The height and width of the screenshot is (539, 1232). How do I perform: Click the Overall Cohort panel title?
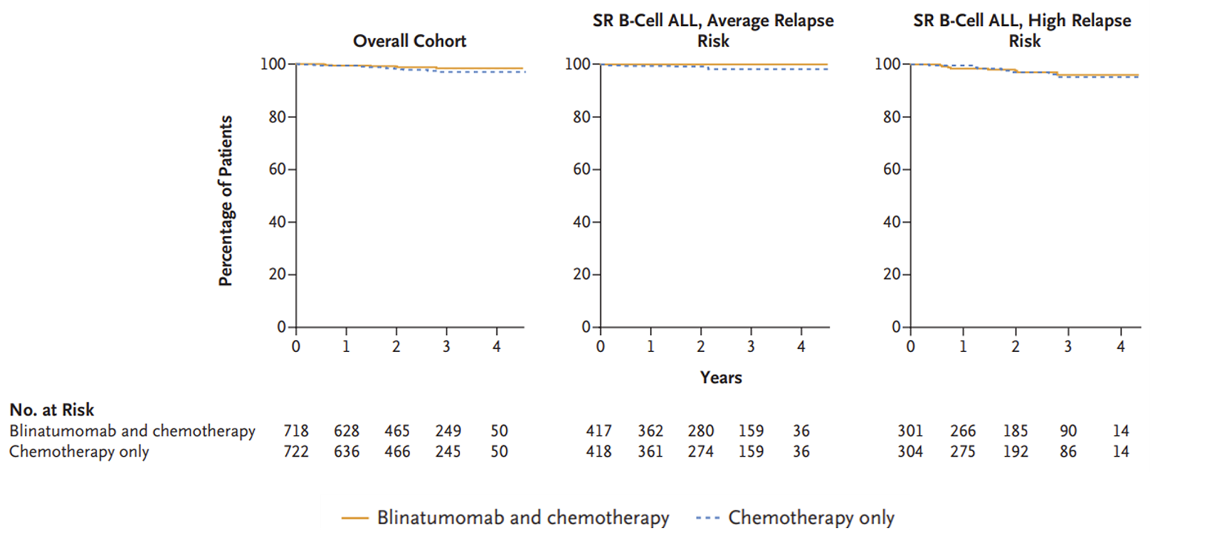coord(409,41)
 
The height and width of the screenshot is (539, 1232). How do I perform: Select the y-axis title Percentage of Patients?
coord(226,201)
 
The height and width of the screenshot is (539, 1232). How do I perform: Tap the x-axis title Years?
coord(721,378)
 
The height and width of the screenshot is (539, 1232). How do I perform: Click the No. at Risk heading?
coord(52,410)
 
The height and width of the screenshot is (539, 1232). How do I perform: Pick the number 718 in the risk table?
coord(296,431)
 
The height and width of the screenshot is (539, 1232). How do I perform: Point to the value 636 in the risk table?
coord(347,452)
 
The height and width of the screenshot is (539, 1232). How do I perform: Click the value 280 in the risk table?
coord(700,431)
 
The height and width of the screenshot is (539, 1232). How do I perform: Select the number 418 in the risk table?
coord(599,452)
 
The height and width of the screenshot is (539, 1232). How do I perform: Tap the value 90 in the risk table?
coord(1068,431)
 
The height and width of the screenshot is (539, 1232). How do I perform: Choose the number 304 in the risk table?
coord(910,452)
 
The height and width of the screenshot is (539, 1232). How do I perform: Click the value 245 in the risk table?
coord(448,452)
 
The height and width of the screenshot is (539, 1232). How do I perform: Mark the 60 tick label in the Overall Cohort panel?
coord(277,169)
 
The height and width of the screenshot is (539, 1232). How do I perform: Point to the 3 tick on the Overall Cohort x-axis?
coord(446,347)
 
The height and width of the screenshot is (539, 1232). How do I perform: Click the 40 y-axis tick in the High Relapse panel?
coord(892,222)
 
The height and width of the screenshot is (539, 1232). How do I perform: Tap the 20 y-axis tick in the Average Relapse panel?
coord(582,275)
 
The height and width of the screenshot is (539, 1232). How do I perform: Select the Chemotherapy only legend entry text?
coord(811,518)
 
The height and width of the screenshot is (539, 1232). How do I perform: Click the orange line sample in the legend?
coord(355,518)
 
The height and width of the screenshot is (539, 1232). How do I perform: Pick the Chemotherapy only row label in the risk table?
coord(79,452)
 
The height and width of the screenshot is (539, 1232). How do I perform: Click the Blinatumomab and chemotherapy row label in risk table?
coord(132,431)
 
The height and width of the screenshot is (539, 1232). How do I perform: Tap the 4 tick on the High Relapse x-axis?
coord(1121,347)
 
